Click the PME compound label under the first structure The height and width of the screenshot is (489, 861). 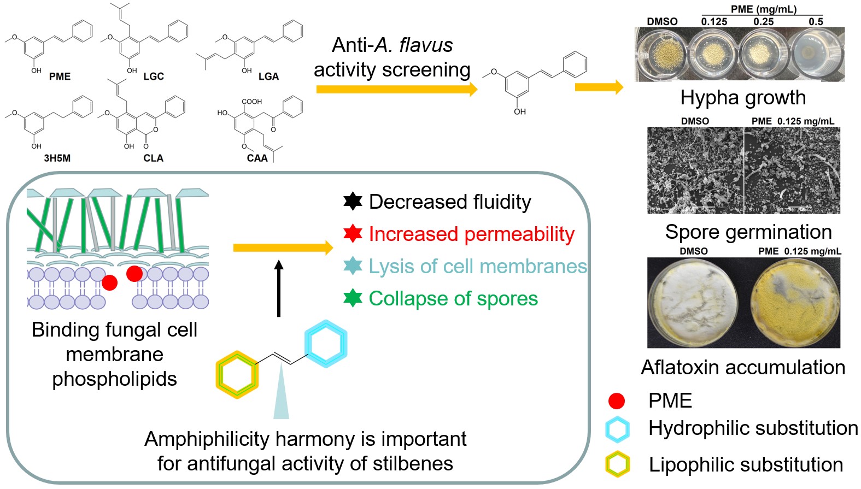pyautogui.click(x=60, y=76)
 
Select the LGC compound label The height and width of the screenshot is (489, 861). pyautogui.click(x=154, y=76)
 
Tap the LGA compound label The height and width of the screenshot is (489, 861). pyautogui.click(x=268, y=76)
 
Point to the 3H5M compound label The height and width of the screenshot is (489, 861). pyautogui.click(x=57, y=158)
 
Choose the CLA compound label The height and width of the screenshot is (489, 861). pyautogui.click(x=153, y=158)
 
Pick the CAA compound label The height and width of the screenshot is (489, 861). pyautogui.click(x=257, y=158)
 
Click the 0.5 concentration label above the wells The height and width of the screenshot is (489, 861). pyautogui.click(x=816, y=22)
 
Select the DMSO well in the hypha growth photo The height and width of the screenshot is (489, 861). pyautogui.click(x=664, y=54)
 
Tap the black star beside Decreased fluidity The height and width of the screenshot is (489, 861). pyautogui.click(x=353, y=202)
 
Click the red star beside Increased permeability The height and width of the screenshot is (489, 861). pyautogui.click(x=353, y=234)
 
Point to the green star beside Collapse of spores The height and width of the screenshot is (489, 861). pyautogui.click(x=353, y=298)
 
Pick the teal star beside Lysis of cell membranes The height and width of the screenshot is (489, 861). pyautogui.click(x=353, y=266)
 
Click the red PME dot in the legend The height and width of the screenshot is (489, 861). pyautogui.click(x=617, y=401)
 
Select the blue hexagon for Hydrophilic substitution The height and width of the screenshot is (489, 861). pyautogui.click(x=617, y=429)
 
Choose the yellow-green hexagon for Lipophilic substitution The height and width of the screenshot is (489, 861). pyautogui.click(x=617, y=464)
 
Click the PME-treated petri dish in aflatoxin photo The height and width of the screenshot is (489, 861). pyautogui.click(x=795, y=302)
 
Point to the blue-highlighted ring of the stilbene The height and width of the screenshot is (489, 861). pyautogui.click(x=326, y=344)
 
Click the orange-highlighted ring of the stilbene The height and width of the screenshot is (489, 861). pyautogui.click(x=237, y=375)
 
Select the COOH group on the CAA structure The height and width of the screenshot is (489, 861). pyautogui.click(x=251, y=102)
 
